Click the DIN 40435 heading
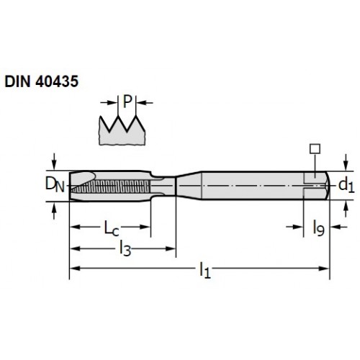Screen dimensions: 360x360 pyautogui.click(x=42, y=81)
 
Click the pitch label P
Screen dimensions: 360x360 pyautogui.click(x=127, y=102)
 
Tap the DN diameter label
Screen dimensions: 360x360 pyautogui.click(x=55, y=184)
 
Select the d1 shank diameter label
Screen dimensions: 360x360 pyautogui.click(x=346, y=185)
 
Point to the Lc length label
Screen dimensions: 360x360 pyautogui.click(x=112, y=228)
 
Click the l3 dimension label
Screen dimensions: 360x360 pyautogui.click(x=125, y=249)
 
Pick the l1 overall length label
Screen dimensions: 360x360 pyautogui.click(x=205, y=270)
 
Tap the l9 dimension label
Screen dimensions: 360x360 pyautogui.click(x=319, y=228)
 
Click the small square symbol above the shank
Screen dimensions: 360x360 pyautogui.click(x=315, y=149)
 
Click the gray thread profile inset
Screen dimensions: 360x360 pyautogui.click(x=122, y=130)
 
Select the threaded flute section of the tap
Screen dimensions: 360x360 pyautogui.click(x=111, y=186)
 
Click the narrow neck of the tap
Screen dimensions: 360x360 pyautogui.click(x=163, y=186)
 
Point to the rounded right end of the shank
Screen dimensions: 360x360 pyautogui.click(x=327, y=185)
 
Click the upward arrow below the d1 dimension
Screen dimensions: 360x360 pyautogui.click(x=346, y=209)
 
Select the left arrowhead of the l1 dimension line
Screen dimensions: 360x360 pyautogui.click(x=75, y=269)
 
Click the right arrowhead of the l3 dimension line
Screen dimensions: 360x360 pyautogui.click(x=171, y=248)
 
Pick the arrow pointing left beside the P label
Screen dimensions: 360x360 pyautogui.click(x=145, y=103)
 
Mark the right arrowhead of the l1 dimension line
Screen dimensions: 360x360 pyautogui.click(x=324, y=269)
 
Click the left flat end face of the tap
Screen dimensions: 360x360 pyautogui.click(x=70, y=186)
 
